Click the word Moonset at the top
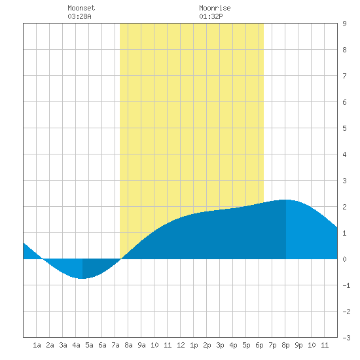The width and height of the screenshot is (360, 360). [81, 8]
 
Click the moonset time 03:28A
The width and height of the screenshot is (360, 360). [79, 16]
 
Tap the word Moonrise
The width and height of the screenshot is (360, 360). [215, 8]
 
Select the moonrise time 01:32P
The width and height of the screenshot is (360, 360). [211, 16]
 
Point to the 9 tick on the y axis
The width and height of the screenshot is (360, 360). [344, 24]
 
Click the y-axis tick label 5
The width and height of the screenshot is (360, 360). [344, 128]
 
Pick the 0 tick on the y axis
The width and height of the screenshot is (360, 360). [344, 259]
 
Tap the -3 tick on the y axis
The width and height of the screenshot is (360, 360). [346, 338]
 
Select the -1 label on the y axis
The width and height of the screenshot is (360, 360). [346, 285]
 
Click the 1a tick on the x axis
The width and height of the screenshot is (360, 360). [37, 345]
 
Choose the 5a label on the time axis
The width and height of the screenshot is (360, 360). [89, 345]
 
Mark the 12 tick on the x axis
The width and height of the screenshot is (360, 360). [181, 345]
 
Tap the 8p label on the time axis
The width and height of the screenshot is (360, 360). [285, 345]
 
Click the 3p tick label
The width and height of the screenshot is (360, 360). [220, 345]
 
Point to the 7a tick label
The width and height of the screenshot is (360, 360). [115, 345]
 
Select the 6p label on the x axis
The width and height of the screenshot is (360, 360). [259, 345]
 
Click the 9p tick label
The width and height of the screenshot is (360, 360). [298, 345]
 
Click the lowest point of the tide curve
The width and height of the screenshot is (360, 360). [82, 278]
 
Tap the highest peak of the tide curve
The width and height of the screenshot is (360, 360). [286, 200]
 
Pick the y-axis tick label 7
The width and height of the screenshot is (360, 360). [344, 76]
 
